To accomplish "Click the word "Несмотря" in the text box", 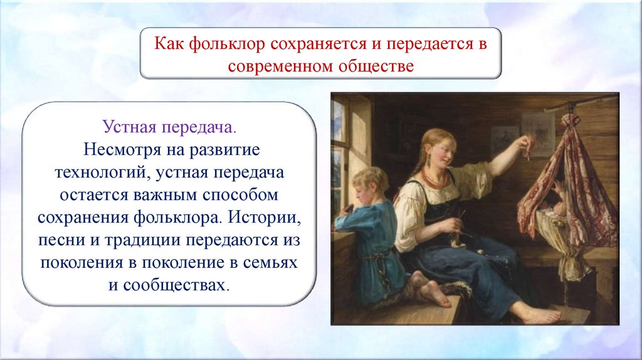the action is pos(122,149).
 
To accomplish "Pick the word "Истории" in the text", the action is pos(265,217).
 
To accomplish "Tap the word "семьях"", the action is pos(270,263).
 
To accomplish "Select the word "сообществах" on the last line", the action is pos(174,285).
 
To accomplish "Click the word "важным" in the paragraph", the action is pos(165,195).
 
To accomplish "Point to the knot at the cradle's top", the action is pos(571,120).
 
